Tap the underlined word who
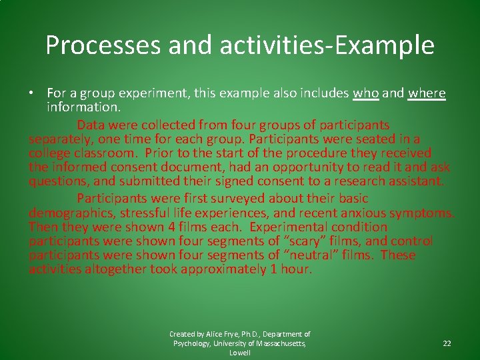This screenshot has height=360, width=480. coord(365,93)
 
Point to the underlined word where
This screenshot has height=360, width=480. coord(427,93)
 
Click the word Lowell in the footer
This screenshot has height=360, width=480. coord(239,353)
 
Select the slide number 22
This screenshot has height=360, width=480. coord(447,343)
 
